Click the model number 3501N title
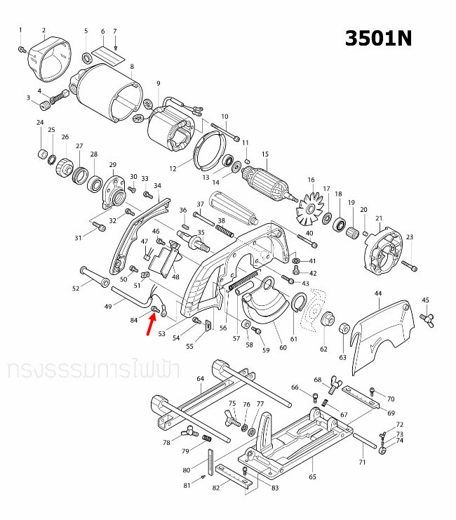coord(378,38)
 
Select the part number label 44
coord(378,293)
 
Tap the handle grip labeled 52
coord(92,277)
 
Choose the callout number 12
coord(173,169)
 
